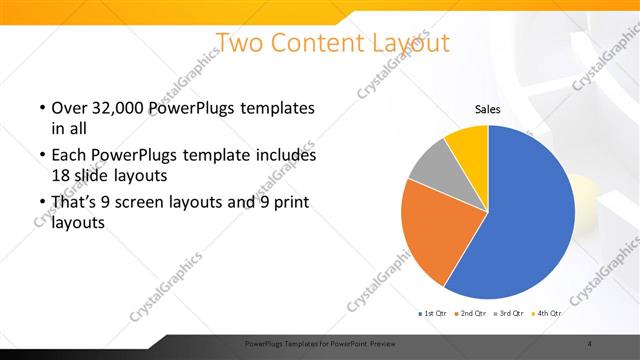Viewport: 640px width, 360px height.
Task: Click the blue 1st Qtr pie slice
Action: point(525,215)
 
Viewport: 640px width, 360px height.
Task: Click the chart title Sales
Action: point(487,110)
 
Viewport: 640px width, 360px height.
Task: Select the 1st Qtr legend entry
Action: point(432,315)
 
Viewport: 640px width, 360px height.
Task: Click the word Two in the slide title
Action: point(239,43)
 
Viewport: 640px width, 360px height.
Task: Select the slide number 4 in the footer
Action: point(590,344)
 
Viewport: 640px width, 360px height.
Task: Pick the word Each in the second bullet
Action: point(68,156)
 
